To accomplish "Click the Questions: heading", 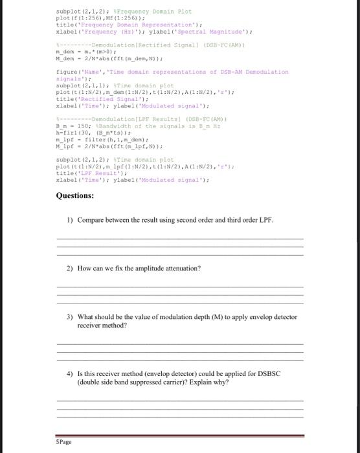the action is coord(75,195).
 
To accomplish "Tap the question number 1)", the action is coord(70,220).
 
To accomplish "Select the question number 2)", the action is coord(70,267).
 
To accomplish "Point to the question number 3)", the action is coord(70,318).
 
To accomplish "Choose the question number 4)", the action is coord(70,374).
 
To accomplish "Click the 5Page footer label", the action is coord(64,441).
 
